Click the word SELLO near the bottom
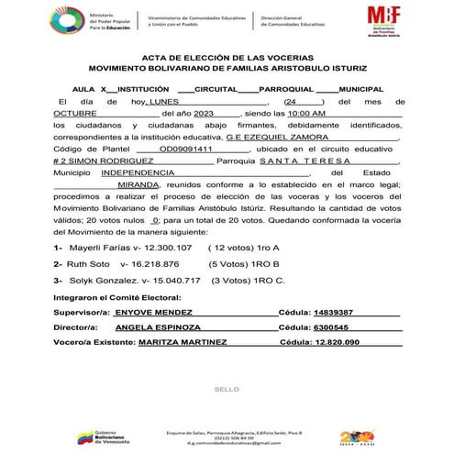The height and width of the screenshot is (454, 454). coord(226,390)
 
